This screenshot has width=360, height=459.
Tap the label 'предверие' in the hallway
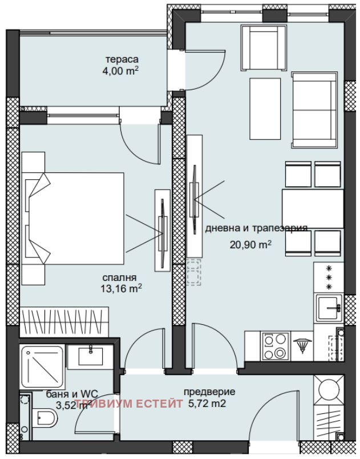pyautogui.click(x=209, y=392)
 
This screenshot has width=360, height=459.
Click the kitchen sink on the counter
pyautogui.click(x=329, y=309)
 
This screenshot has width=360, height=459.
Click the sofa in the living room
pyautogui.click(x=313, y=110)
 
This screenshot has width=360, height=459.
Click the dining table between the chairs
pyautogui.click(x=313, y=208)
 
